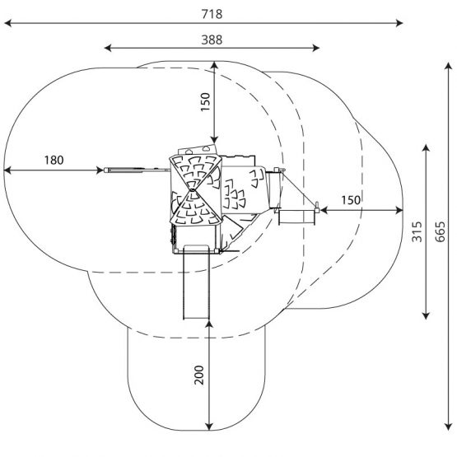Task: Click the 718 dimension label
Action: (x=212, y=14)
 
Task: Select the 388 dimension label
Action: (x=212, y=40)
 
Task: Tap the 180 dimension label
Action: (x=54, y=160)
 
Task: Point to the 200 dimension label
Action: (x=199, y=375)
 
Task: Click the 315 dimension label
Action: (x=417, y=231)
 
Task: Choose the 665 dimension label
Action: (x=440, y=231)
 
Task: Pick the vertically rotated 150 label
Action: (x=205, y=102)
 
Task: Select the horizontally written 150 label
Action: (x=351, y=200)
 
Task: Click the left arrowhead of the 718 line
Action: (x=8, y=23)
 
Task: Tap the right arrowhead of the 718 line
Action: (x=399, y=23)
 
